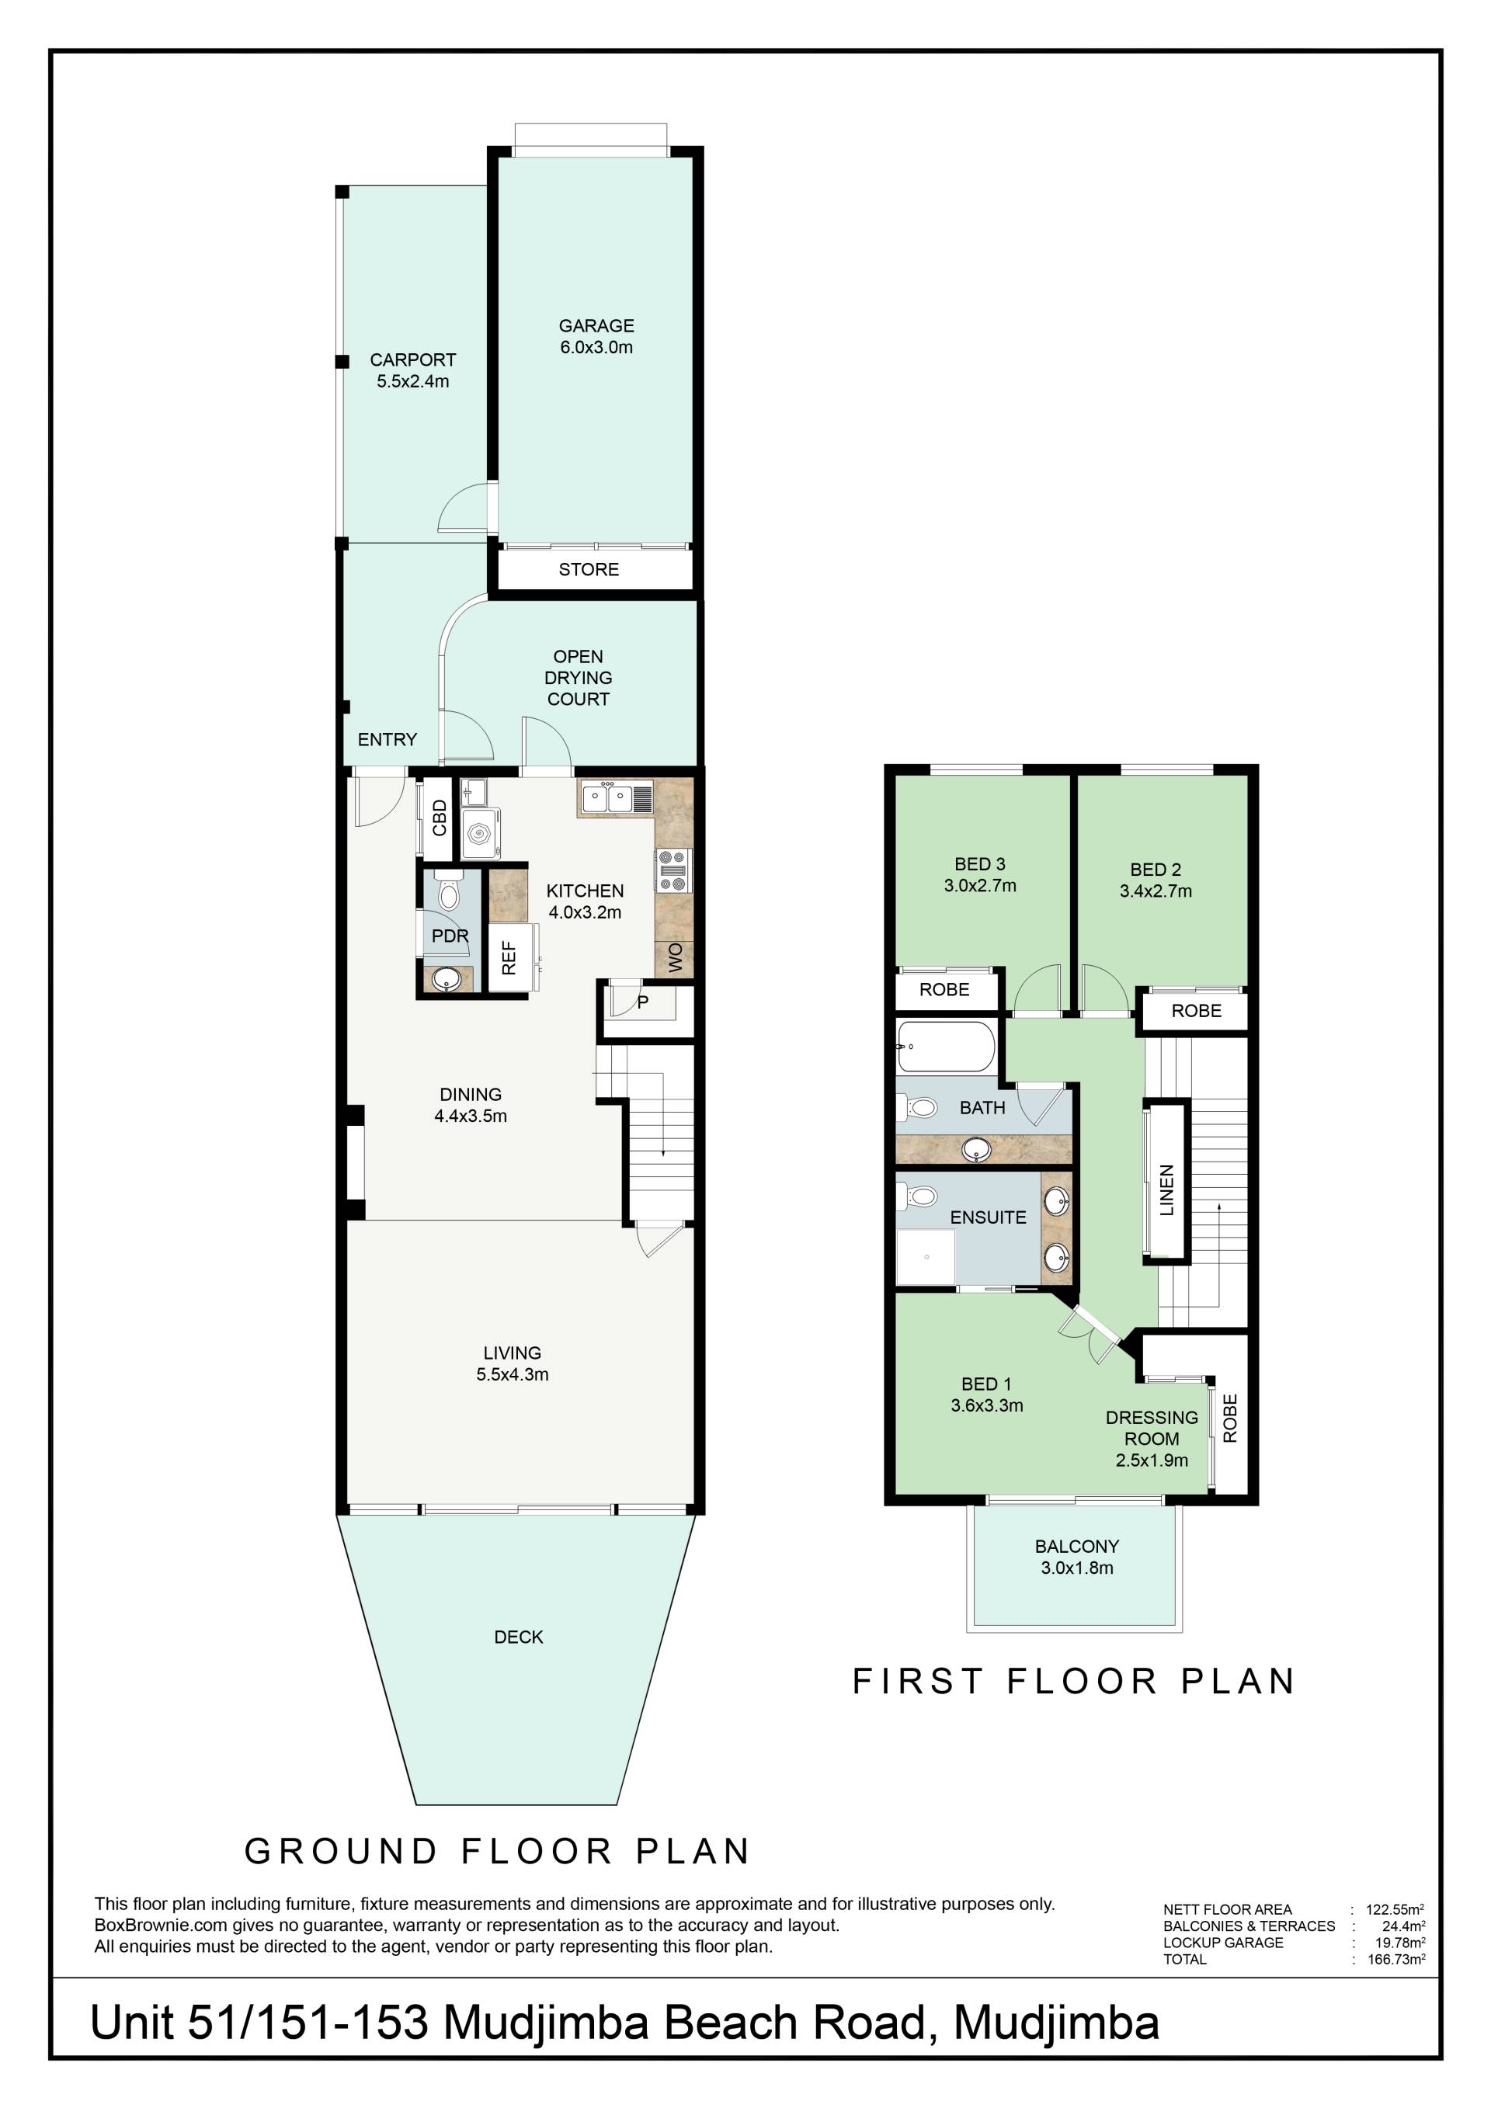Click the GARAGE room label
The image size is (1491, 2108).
point(596,325)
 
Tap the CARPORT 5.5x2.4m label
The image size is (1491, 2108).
point(412,370)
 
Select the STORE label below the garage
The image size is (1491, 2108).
point(589,569)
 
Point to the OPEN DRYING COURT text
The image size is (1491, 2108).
point(579,678)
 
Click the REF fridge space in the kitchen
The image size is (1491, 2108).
point(509,957)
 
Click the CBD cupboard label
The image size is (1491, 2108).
point(440,818)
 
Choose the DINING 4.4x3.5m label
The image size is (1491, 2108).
point(471,1105)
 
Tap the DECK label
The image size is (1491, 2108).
point(519,1637)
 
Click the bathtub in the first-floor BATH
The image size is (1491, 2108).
point(946,1047)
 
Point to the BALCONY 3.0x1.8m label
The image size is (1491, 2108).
point(1077,1558)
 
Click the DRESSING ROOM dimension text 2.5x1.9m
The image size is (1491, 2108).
point(1152,1460)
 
